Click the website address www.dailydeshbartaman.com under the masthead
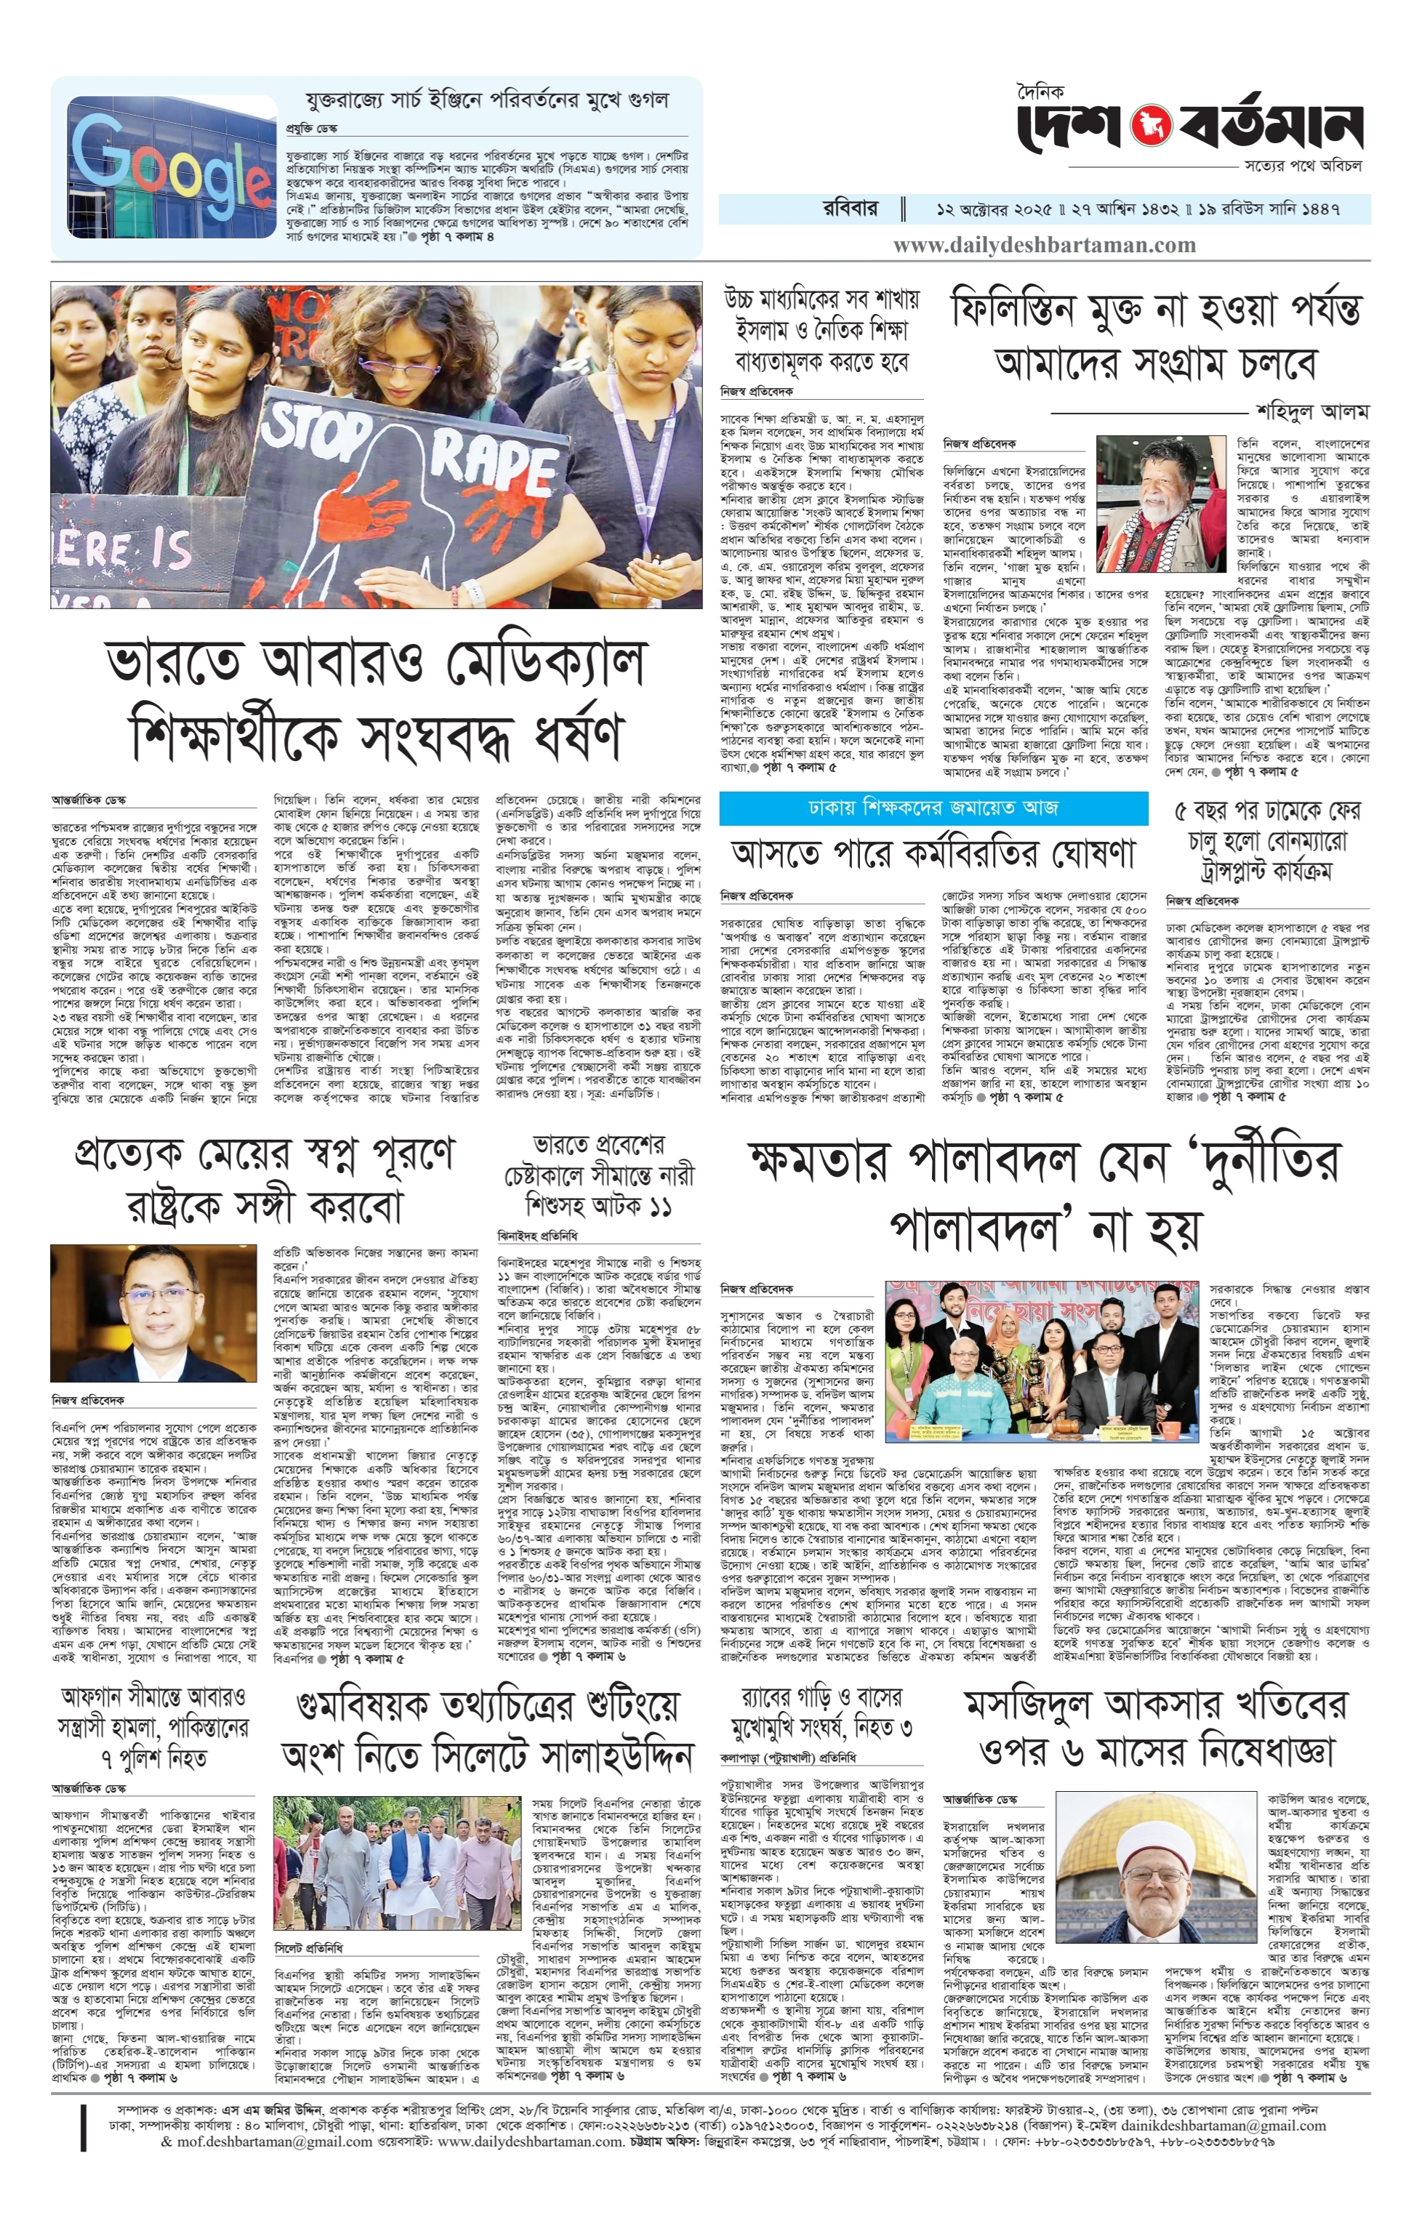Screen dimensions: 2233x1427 point(1044,245)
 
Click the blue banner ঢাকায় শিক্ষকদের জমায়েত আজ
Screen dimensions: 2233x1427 point(933,808)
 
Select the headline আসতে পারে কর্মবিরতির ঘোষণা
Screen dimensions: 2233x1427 point(933,852)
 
